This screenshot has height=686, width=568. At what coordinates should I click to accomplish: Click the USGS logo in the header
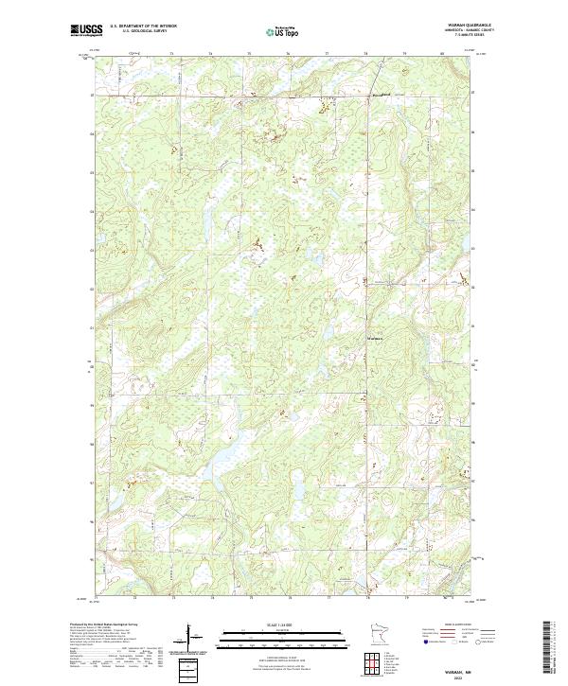87,30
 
